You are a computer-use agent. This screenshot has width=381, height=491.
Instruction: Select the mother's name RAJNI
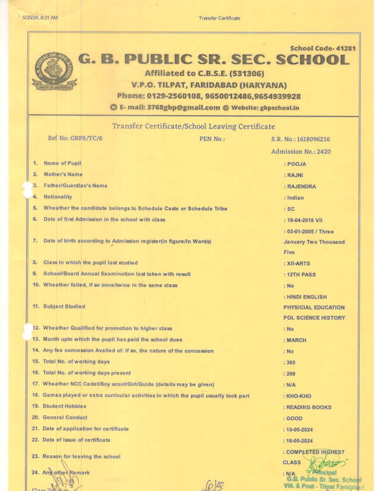[x=296, y=175]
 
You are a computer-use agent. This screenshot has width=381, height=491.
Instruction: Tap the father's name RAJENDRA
[x=301, y=186]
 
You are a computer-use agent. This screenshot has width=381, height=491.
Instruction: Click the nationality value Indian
[x=295, y=198]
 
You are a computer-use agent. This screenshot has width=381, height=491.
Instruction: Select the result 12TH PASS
[x=301, y=274]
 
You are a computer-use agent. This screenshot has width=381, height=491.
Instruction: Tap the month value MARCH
[x=296, y=340]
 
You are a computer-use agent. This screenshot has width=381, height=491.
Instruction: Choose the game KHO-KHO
[x=299, y=396]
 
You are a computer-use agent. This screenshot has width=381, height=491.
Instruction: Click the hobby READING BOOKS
[x=308, y=408]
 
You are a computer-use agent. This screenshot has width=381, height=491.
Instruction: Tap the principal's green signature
[x=327, y=463]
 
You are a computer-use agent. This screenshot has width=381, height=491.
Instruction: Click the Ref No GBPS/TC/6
[x=75, y=139]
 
